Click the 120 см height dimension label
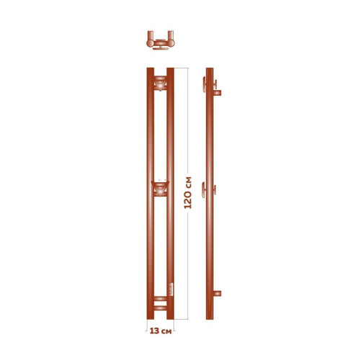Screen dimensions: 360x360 (x=189, y=192)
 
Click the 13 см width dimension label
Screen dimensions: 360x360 (x=159, y=333)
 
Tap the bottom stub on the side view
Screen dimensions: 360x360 (x=217, y=293)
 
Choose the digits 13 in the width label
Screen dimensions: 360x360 (x=153, y=333)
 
